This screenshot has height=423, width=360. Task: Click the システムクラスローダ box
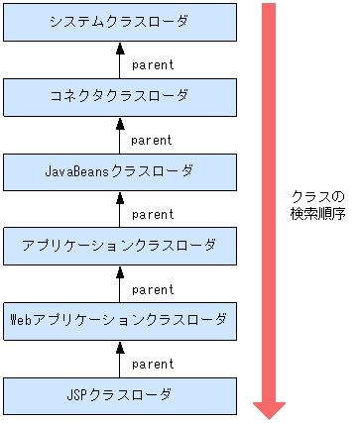tap(120, 22)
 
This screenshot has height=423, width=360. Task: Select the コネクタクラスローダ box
tap(120, 96)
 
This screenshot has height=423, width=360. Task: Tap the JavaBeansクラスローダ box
tap(120, 170)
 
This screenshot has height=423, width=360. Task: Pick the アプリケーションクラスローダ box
tap(120, 245)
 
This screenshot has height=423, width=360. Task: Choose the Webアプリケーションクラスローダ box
tap(120, 320)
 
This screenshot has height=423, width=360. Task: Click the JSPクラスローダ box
tap(120, 395)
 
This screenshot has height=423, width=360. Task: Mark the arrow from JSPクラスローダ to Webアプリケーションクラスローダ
tap(120, 358)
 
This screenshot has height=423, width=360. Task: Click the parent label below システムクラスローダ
tap(152, 65)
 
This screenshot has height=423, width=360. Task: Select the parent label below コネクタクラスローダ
tap(152, 140)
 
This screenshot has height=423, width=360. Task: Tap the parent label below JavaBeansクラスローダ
tap(152, 214)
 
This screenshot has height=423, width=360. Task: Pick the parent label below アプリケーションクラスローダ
tap(152, 289)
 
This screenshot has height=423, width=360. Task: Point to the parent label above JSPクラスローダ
tap(152, 364)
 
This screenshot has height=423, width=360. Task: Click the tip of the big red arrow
tap(269, 416)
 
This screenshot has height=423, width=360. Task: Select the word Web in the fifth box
tap(20, 320)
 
